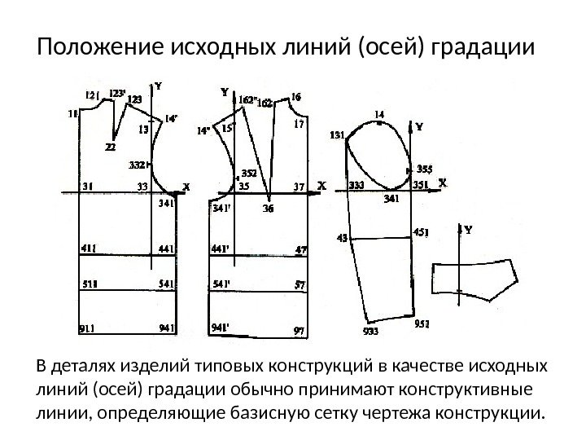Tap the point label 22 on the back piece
pos(110,147)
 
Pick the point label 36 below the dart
pos(268,209)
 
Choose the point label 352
pos(248,173)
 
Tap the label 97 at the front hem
pos(300,329)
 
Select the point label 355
pos(424,169)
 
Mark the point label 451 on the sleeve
pos(422,231)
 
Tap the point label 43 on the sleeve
pos(342,238)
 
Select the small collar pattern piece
pos(474,276)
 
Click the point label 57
pos(300,284)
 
